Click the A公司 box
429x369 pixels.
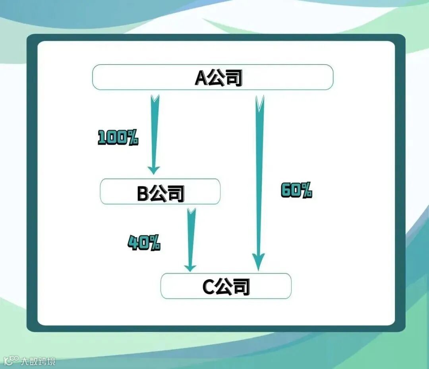point(213,77)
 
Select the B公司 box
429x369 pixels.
point(160,191)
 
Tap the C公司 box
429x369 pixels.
point(226,286)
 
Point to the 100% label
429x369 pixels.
point(118,138)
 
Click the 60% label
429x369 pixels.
point(296,191)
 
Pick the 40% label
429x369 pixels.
point(144,242)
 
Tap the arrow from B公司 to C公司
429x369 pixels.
point(191,238)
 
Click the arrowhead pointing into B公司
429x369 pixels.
point(153,170)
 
